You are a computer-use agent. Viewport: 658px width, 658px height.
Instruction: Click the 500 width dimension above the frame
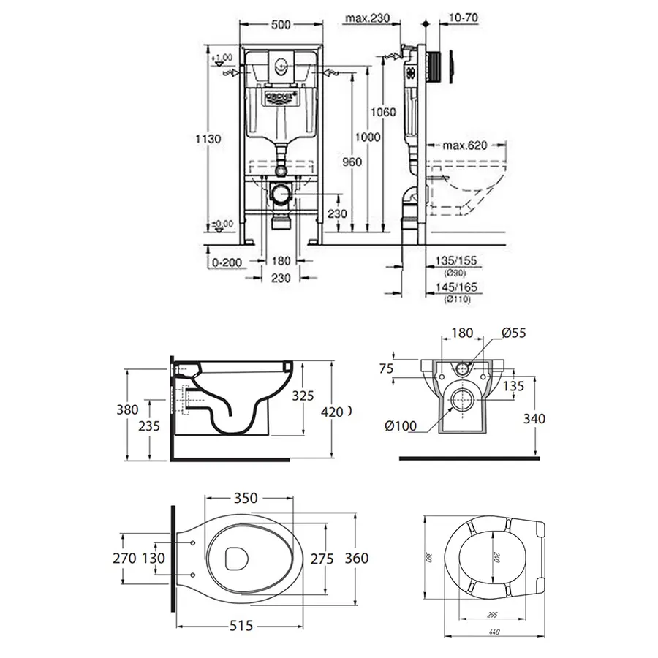(x=281, y=24)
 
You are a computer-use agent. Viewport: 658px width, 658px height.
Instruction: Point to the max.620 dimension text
(x=460, y=145)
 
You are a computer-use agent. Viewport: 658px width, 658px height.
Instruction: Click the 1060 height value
(x=383, y=112)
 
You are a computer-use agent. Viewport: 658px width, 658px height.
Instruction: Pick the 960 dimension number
(x=352, y=162)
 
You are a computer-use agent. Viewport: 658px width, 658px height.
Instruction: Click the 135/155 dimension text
(x=457, y=260)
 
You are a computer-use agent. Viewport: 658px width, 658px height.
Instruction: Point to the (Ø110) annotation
(x=457, y=299)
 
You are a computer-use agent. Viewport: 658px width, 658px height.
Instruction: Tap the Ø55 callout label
(x=513, y=333)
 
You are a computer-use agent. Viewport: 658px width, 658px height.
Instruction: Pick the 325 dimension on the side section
(x=302, y=396)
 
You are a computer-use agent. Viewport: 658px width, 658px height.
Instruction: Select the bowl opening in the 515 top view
(x=235, y=559)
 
